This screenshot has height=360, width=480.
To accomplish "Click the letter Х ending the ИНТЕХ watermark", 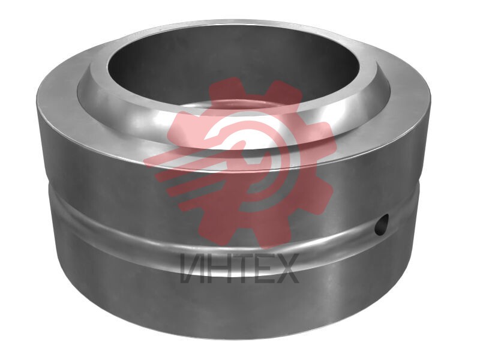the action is [x=286, y=268].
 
